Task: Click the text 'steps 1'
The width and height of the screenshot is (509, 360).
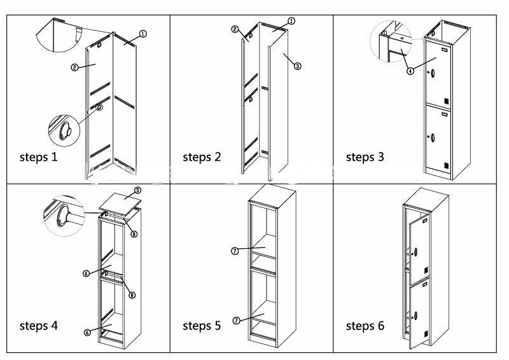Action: (x=39, y=156)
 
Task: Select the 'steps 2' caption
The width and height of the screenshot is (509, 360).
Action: (x=202, y=156)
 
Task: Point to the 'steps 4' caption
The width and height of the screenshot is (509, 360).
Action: (x=39, y=326)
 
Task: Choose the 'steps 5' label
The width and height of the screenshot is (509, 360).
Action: (x=202, y=326)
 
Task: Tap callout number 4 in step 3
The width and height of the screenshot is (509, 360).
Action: (x=410, y=71)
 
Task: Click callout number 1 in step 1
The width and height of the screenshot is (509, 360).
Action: (x=143, y=34)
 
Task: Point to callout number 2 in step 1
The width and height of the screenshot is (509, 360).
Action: (x=75, y=66)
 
